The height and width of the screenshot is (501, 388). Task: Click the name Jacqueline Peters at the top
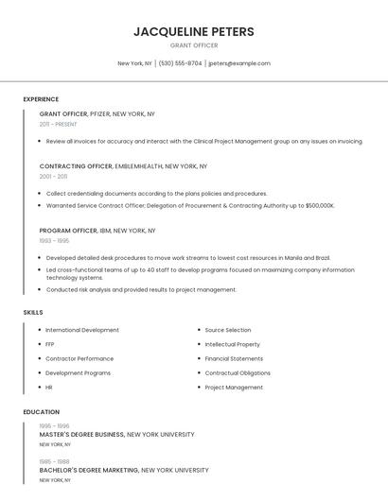194,32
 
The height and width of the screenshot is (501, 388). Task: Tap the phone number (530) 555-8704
180,63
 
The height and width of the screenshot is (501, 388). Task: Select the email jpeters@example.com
239,63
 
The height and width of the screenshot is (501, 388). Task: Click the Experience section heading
41,99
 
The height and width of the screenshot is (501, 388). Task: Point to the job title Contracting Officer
76,166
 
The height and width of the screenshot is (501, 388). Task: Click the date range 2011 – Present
58,124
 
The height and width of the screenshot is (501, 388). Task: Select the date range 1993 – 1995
54,241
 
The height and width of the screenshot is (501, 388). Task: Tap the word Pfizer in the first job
99,113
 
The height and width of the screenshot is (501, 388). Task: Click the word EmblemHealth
139,166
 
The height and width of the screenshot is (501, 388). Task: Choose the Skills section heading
33,312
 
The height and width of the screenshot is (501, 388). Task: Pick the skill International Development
82,330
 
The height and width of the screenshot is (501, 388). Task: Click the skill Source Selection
228,330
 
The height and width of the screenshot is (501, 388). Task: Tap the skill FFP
50,344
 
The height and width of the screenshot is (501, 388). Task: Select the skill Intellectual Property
232,344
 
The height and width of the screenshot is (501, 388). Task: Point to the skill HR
49,387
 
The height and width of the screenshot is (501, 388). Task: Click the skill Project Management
234,387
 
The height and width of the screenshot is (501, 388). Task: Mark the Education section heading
41,412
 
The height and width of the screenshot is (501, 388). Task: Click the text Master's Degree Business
81,435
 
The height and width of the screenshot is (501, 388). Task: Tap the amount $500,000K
313,205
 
